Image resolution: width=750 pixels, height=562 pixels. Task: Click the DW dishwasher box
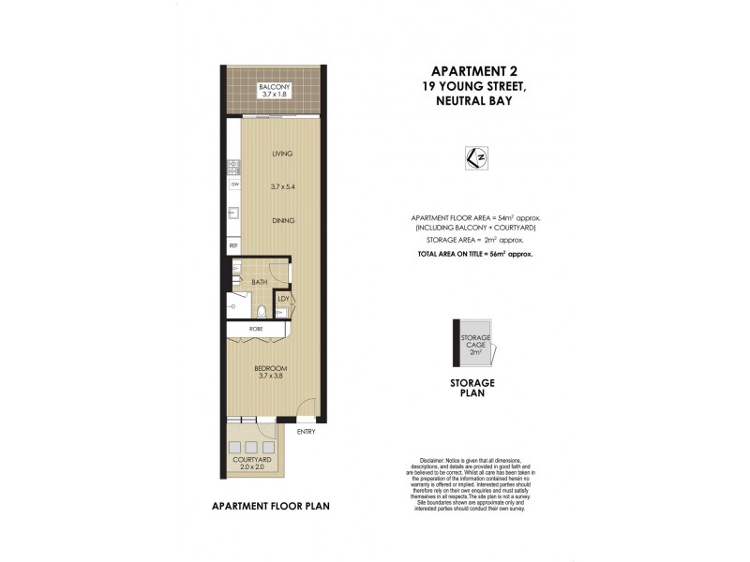point(233,185)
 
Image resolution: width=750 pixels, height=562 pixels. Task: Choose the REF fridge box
point(233,245)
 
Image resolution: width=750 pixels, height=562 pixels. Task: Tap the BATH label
point(260,281)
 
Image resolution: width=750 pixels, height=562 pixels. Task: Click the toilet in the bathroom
point(262,312)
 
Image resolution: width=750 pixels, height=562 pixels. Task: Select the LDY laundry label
point(283,300)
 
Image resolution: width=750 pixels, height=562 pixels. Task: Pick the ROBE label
point(255,330)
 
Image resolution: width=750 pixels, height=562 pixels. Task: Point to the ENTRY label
point(306,432)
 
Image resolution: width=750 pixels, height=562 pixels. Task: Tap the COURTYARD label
point(252,460)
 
